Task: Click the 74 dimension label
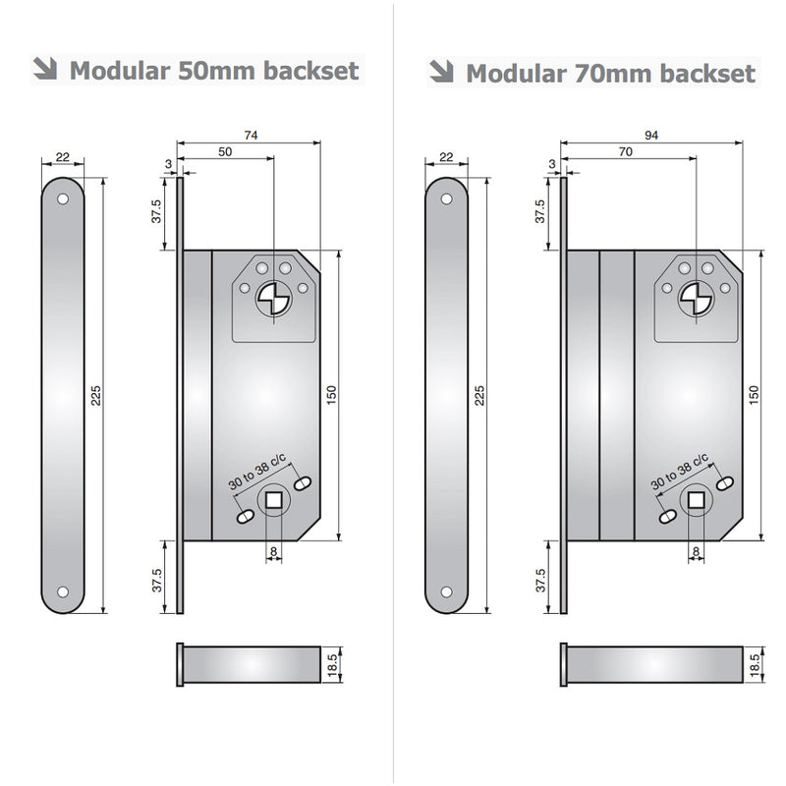(x=251, y=135)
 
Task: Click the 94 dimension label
(x=651, y=135)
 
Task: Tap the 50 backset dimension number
(x=225, y=151)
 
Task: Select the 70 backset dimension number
(x=626, y=151)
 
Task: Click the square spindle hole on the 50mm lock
(x=273, y=500)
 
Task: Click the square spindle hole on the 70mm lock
(x=696, y=500)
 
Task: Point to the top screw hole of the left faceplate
(x=63, y=199)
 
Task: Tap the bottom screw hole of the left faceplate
(x=63, y=592)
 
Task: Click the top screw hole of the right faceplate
(x=446, y=199)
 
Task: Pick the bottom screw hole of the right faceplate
(x=446, y=592)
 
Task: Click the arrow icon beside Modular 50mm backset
(x=45, y=69)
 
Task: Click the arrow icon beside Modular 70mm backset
(x=441, y=71)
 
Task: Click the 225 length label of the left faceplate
(x=95, y=396)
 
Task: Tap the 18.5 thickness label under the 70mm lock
(x=755, y=665)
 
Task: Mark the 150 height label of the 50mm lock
(x=331, y=396)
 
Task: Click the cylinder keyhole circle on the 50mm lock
(x=274, y=300)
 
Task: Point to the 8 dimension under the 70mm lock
(x=696, y=551)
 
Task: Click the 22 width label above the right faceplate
(x=446, y=157)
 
